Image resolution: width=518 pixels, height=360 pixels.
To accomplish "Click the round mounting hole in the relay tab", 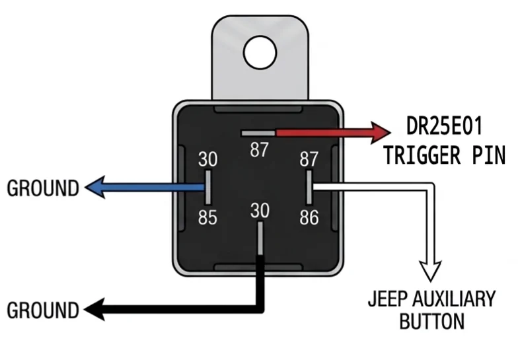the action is click(x=260, y=53).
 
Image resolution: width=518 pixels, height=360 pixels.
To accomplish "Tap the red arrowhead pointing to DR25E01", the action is click(x=380, y=133).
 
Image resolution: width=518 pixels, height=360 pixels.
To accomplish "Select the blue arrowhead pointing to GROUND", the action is click(x=95, y=188).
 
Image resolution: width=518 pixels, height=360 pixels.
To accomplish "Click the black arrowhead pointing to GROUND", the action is click(x=94, y=309).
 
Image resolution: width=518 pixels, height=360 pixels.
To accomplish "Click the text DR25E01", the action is click(x=444, y=126).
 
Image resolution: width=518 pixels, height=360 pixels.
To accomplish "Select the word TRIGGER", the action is click(x=422, y=155).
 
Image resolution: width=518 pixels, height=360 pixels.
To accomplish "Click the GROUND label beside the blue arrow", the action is click(x=43, y=188).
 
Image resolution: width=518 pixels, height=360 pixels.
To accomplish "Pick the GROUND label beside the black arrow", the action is click(x=43, y=310).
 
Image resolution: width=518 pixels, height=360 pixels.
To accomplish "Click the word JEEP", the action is click(x=388, y=299).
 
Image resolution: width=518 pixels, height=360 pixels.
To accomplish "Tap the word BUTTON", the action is click(x=432, y=321).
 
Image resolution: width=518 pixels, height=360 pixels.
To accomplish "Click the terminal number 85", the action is click(x=207, y=218).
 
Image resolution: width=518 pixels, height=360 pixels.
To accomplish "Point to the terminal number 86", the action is click(x=309, y=218).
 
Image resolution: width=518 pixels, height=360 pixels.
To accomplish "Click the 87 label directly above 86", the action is click(x=309, y=159).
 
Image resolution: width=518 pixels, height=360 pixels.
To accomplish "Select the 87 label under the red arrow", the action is click(x=259, y=149).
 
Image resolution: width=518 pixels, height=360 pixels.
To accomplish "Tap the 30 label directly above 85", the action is click(x=207, y=159).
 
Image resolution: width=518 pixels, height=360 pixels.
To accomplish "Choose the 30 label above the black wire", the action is click(x=260, y=210).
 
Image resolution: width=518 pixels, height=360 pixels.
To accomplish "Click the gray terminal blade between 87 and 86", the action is click(x=309, y=188).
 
